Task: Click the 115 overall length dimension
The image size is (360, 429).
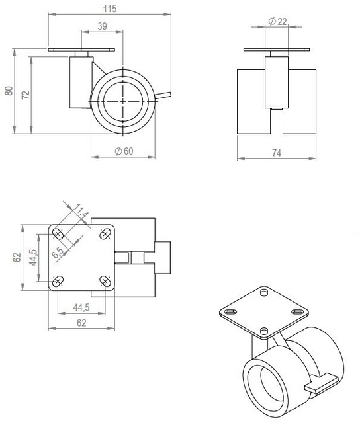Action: click(109, 9)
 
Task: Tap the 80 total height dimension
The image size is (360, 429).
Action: click(9, 91)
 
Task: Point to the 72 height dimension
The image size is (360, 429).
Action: click(26, 95)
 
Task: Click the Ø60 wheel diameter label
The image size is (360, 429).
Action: click(124, 151)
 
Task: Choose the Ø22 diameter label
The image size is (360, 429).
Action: click(277, 22)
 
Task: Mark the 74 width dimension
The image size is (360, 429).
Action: click(277, 153)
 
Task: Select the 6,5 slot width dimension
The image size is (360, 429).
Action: click(59, 252)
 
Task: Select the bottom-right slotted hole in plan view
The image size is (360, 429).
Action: click(104, 280)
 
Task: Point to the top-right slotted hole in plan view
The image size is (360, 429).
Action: click(104, 233)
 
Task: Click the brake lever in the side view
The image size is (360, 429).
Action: click(165, 97)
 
